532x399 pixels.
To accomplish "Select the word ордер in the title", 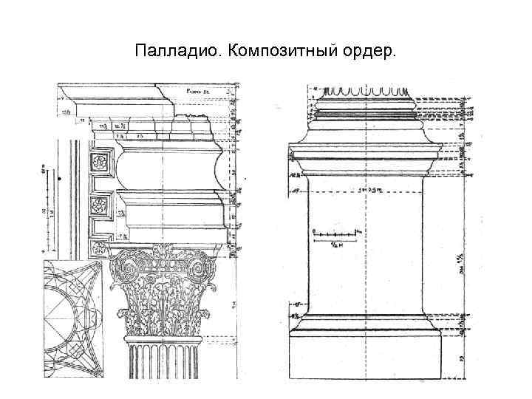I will pyautogui.click(x=369, y=52).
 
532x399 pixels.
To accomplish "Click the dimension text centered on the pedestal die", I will pyautogui.click(x=366, y=190).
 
